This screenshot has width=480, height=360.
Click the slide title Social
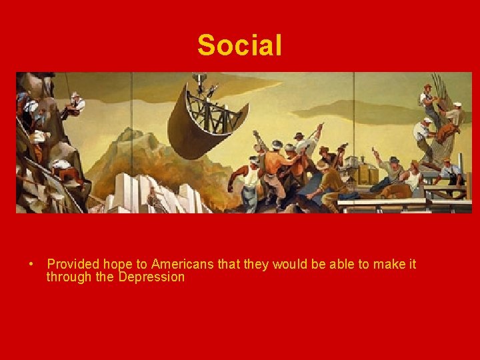239,45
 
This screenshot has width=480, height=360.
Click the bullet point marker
32,265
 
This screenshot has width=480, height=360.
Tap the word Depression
151,277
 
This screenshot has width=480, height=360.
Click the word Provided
71,265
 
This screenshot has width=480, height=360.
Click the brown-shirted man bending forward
330,177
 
